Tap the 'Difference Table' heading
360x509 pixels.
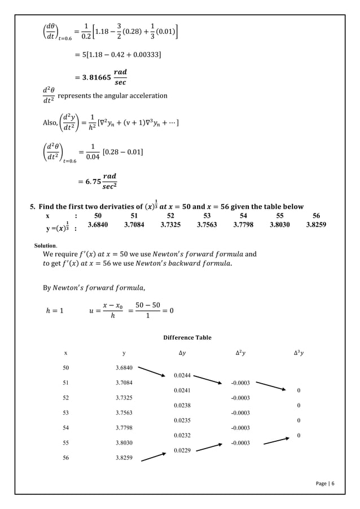(187, 337)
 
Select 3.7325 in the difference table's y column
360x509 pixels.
(124, 397)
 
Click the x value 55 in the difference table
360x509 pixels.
(66, 443)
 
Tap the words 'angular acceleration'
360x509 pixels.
(139, 95)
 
